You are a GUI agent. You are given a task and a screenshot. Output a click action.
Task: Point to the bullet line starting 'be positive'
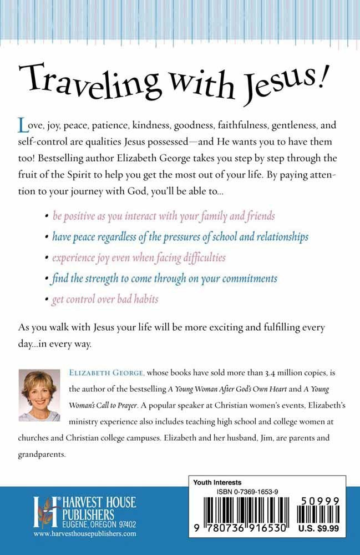tap(164, 215)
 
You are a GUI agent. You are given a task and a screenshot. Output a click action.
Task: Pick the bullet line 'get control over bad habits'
tap(105, 299)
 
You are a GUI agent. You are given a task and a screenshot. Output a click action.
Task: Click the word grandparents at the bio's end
tap(40, 452)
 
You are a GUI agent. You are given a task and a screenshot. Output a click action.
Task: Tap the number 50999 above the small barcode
tap(321, 500)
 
